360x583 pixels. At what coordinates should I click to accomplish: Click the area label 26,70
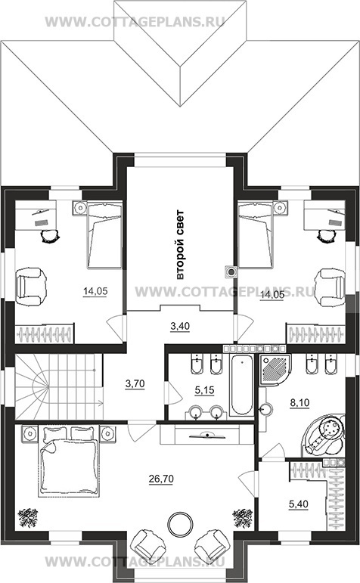(161, 479)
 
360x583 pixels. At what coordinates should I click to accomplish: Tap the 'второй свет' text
(180, 245)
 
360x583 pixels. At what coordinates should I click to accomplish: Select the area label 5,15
(204, 390)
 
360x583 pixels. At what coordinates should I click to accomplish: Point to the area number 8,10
(299, 402)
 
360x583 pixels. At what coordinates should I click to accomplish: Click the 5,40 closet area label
(298, 504)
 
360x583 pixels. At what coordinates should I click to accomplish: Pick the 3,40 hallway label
(180, 326)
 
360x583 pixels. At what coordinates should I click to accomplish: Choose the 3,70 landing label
(135, 383)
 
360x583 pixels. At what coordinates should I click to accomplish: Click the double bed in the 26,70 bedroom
(69, 461)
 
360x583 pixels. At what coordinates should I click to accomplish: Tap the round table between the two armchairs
(180, 523)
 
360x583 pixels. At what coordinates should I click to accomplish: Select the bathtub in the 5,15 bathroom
(242, 385)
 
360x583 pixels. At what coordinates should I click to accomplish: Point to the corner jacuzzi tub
(324, 436)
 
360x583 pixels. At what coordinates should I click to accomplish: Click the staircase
(59, 387)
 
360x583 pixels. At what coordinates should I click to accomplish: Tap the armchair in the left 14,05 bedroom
(31, 284)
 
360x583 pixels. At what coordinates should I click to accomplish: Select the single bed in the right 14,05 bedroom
(255, 234)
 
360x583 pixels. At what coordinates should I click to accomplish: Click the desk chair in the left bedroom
(49, 235)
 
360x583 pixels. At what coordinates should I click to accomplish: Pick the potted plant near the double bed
(27, 517)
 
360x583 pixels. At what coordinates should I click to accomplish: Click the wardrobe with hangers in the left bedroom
(45, 333)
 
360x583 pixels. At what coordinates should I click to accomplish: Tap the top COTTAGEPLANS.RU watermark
(135, 22)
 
